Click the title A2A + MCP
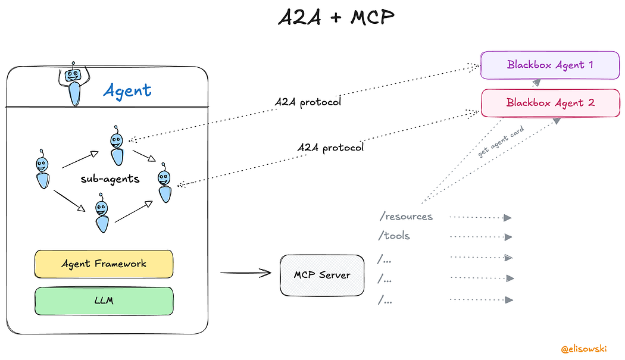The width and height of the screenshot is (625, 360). tap(336, 18)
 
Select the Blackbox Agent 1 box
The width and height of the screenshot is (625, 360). tap(549, 65)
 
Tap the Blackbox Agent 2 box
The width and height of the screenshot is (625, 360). tap(549, 102)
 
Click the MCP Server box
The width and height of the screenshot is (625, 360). tap(322, 275)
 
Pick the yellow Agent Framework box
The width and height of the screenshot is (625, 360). tap(104, 264)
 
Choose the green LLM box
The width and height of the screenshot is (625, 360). tap(104, 300)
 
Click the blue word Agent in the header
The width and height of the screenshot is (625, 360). tap(127, 90)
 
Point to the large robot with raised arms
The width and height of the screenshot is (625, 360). tap(74, 84)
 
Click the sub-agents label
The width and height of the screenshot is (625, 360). tap(110, 179)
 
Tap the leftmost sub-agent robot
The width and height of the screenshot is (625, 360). tap(42, 169)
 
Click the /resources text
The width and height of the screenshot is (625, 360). tap(405, 217)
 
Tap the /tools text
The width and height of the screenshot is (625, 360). tap(394, 236)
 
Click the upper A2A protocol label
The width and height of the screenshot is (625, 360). tap(308, 102)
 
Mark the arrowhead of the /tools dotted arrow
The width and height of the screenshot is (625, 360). tap(508, 237)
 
